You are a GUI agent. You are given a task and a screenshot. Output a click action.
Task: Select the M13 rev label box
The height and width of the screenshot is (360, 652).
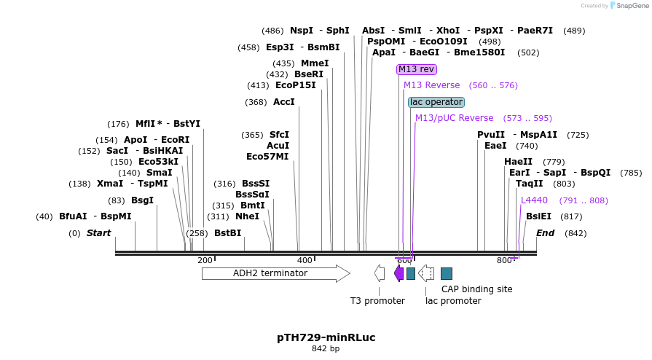tap(416, 69)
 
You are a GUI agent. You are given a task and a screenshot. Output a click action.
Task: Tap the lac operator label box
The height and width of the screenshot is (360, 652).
tap(436, 102)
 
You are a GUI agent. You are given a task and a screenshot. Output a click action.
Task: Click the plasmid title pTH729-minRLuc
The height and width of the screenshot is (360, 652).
tap(326, 337)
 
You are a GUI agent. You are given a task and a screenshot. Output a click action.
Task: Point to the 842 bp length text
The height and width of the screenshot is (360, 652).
tap(326, 349)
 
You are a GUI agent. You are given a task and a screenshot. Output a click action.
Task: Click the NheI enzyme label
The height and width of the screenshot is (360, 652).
tap(247, 216)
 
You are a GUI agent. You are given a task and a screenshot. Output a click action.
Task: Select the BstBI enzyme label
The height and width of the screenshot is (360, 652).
tap(227, 233)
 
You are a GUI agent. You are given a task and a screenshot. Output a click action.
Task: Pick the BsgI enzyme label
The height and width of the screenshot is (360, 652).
tap(142, 200)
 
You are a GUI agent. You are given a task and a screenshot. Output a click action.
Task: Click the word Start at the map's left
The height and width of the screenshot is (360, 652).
tap(98, 233)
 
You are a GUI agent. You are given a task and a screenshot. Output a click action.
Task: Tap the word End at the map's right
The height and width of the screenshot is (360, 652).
tap(545, 233)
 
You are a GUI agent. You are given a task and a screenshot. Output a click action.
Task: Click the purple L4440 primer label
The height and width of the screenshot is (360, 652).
tap(534, 200)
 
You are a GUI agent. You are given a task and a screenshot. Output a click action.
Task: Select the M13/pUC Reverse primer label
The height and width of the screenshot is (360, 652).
tap(454, 118)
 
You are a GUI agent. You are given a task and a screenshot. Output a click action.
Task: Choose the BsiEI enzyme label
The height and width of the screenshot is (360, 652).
tap(538, 216)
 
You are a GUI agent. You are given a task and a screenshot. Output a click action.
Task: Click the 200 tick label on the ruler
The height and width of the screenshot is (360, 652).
tap(205, 260)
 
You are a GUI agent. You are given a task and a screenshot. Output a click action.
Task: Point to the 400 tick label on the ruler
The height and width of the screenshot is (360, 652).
tap(305, 260)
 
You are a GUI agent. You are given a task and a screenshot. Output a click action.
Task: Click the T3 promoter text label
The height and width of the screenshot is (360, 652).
tap(377, 300)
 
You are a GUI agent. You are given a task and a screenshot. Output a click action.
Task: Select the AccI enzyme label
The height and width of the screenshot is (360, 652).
tap(283, 102)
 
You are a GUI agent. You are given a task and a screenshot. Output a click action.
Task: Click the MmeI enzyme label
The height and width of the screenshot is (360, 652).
tap(315, 63)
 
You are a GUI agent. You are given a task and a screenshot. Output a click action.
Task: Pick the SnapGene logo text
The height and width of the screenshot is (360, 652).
tap(629, 6)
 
